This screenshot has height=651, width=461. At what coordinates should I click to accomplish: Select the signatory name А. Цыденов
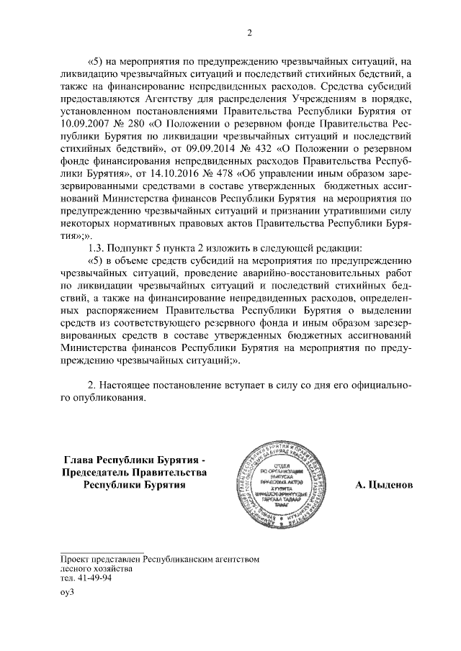384,484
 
